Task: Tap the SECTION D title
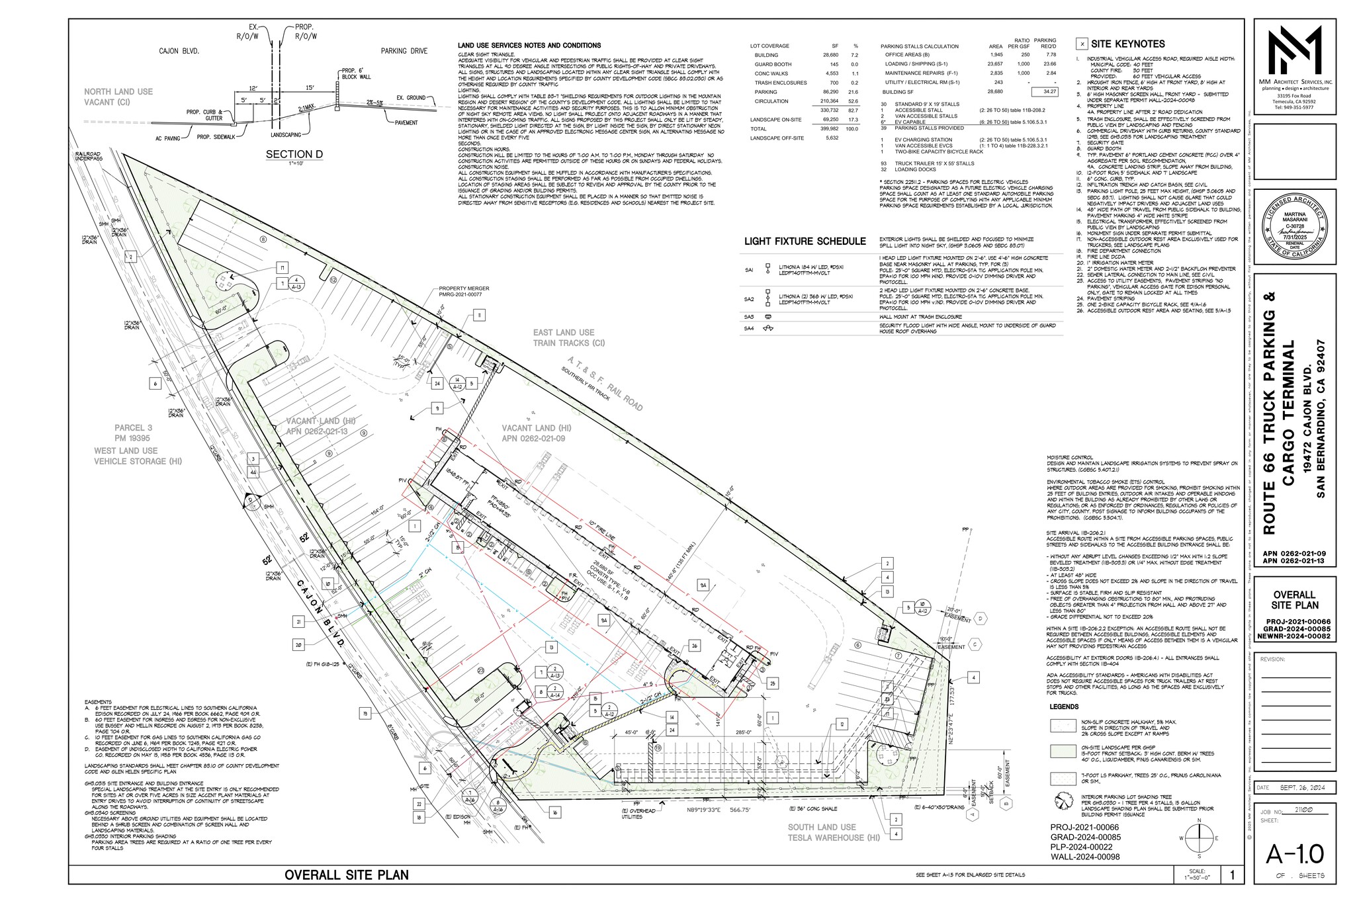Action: [294, 155]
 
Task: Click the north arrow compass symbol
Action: [1198, 836]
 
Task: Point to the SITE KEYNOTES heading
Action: [1127, 44]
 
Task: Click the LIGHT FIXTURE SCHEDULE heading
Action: [805, 241]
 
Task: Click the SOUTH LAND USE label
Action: [821, 827]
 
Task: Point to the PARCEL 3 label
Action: [133, 427]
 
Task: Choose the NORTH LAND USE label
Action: [118, 92]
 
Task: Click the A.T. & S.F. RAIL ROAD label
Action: [603, 383]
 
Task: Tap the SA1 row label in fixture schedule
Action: [749, 270]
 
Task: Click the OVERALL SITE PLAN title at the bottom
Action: [346, 875]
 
